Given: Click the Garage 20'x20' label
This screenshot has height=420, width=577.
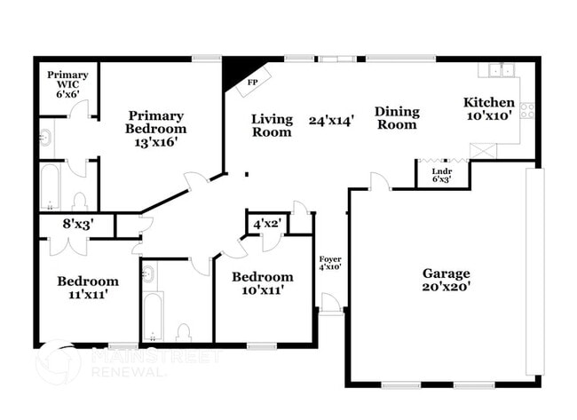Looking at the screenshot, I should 446,280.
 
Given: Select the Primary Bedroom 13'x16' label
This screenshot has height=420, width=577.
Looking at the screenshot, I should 155,128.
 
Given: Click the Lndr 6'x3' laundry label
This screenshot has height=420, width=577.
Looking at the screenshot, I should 441,175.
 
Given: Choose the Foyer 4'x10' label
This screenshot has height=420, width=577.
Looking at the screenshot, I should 330,262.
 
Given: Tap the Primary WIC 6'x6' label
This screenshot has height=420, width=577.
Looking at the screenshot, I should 67,83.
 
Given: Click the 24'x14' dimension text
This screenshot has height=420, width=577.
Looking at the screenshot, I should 331,120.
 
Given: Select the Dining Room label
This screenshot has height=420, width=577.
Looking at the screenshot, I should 396,118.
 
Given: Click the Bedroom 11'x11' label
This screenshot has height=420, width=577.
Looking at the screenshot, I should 88,287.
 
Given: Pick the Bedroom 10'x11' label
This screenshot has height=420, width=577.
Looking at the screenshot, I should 262,282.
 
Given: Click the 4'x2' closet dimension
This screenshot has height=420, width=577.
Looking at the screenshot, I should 267,224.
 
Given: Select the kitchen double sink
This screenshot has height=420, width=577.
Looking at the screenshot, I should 498,70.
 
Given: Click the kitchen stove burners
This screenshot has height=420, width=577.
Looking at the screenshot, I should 526,111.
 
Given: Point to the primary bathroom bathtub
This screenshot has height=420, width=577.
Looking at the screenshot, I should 50,186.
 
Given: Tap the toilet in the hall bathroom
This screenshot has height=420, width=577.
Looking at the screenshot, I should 184,333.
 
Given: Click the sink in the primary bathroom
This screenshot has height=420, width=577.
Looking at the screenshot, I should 45,138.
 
